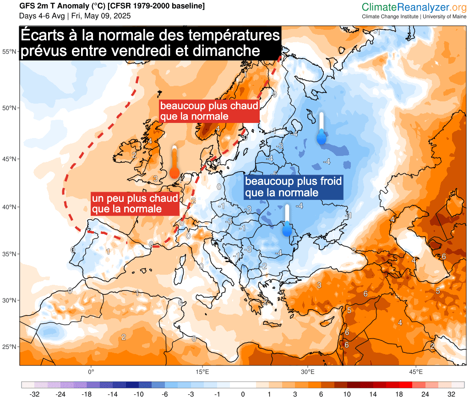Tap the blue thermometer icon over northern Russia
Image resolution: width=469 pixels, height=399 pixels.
[322, 128]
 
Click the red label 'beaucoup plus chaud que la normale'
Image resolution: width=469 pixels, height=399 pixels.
[209, 111]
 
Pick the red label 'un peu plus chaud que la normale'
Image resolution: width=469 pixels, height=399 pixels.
[135, 204]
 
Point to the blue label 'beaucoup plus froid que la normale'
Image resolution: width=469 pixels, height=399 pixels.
[293, 187]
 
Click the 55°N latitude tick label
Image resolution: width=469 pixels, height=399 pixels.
[10, 52]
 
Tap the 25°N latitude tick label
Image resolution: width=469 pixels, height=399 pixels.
[10, 347]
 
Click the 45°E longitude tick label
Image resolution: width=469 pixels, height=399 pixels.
[415, 371]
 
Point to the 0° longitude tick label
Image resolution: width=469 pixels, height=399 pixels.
[91, 371]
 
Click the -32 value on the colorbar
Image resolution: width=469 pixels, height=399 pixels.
[33, 394]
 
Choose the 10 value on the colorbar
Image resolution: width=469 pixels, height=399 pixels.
[347, 394]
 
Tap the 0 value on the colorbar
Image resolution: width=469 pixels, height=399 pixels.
[243, 394]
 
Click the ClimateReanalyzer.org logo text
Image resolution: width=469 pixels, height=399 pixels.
[414, 7]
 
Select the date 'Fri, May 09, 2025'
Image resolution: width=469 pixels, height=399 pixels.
[101, 16]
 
